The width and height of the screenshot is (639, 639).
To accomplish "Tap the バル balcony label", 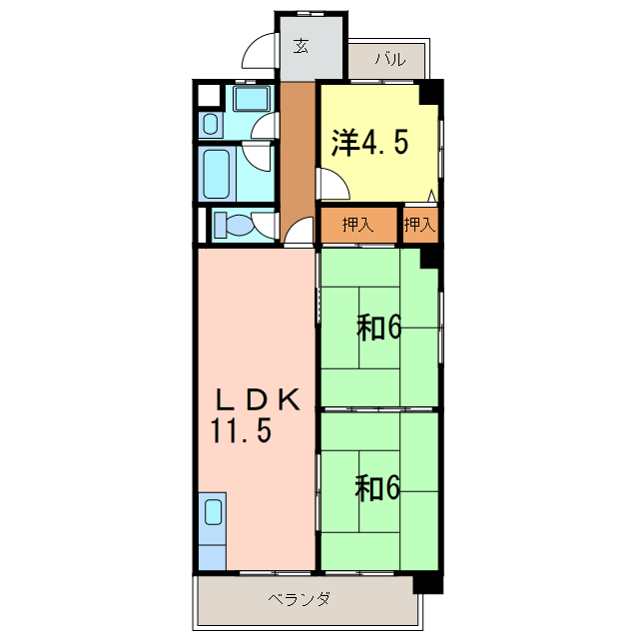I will pos(390,60).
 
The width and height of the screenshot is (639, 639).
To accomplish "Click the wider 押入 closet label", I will pos(357,225).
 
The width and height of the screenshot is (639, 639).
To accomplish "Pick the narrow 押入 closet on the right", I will pos(420,225).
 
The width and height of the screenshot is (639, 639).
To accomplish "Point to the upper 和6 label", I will pos(379,326).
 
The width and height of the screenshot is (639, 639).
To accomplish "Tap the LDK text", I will pos(258,399).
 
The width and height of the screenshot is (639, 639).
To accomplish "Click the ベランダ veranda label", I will pos(300,599).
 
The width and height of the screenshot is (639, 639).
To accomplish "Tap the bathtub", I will pos(219,175).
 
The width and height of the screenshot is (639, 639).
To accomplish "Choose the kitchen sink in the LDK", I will pos(214,513).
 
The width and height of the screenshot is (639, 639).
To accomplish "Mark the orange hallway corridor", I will pos(297,160).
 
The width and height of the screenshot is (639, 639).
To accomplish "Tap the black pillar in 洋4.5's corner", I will pos(430,92).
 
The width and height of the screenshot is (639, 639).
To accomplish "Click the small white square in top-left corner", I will pos(209,97).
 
